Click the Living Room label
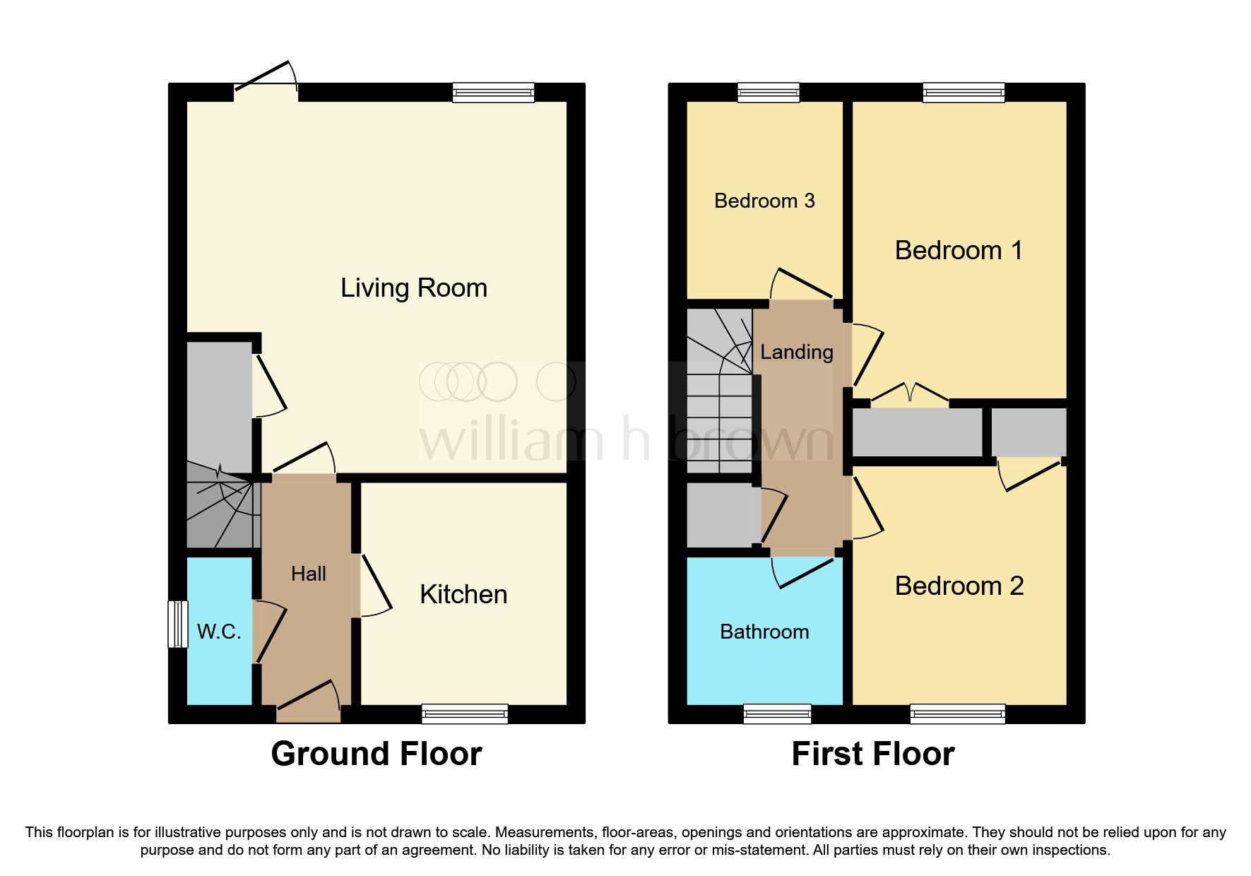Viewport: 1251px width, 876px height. pos(414,288)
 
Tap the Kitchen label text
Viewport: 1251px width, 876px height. pos(463,595)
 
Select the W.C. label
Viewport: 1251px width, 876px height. pos(219,632)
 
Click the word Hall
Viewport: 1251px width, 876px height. pos(309,574)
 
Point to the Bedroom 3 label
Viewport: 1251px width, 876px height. pos(764,201)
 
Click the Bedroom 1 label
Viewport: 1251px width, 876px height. pos(959,251)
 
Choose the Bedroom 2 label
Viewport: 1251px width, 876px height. pos(959,586)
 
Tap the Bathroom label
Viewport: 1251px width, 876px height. pos(764,632)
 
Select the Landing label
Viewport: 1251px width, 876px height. pos(796,352)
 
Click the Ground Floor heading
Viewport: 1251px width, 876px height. pos(376,754)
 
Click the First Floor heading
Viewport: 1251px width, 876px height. pos(872,754)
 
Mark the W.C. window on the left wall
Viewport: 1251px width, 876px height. pos(178,624)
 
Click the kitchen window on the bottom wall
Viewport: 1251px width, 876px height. pos(465,714)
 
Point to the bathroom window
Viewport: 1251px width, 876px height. pos(777,714)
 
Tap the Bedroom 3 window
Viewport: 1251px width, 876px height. pos(769,93)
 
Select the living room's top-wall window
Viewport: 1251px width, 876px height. pos(493,93)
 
